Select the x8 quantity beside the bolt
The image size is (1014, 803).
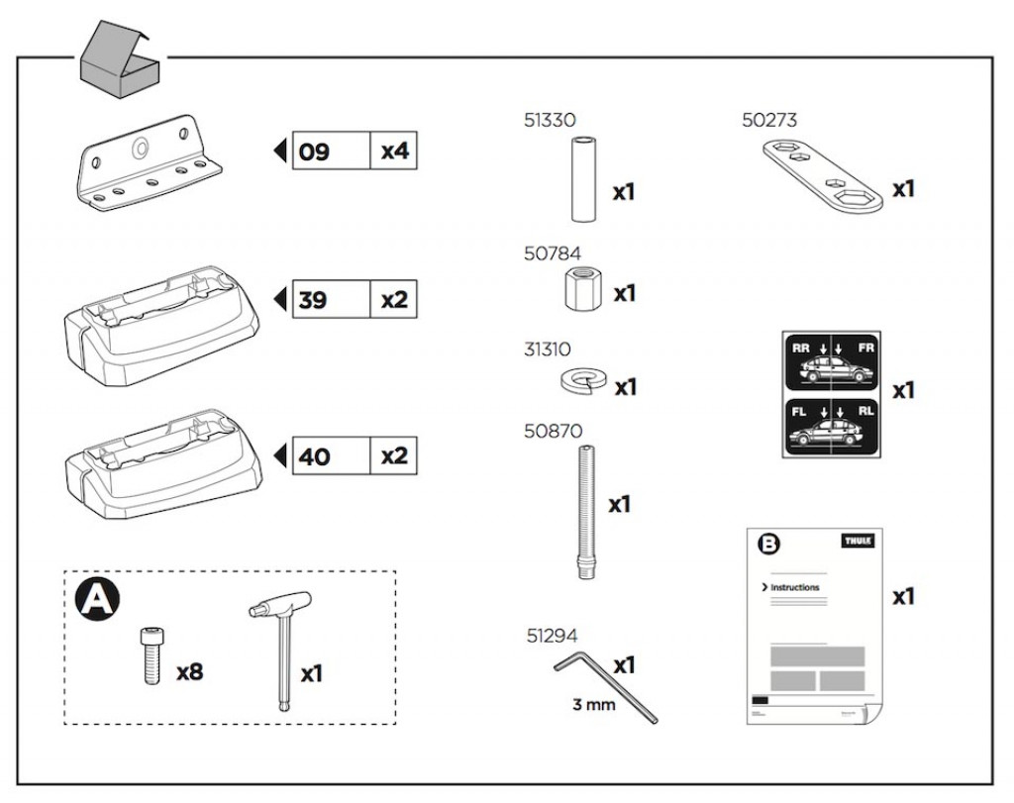click(190, 672)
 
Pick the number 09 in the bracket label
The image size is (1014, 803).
click(314, 152)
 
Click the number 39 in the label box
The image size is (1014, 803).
click(313, 300)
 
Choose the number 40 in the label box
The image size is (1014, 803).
click(314, 456)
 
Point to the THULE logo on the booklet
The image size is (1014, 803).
click(858, 542)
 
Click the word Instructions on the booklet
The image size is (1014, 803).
click(795, 587)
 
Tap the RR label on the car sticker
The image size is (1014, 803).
click(801, 349)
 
